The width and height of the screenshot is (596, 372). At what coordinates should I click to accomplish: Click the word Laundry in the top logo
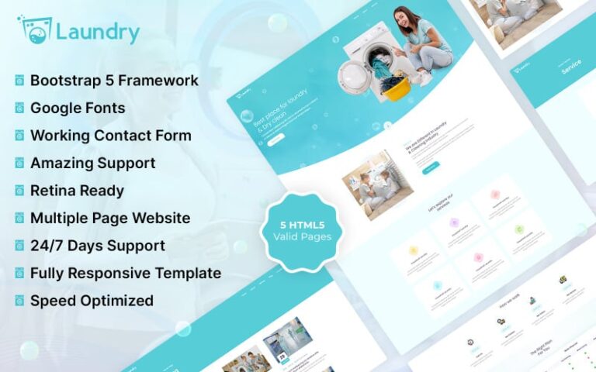click(x=98, y=33)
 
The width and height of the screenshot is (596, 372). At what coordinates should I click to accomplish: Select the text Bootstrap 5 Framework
click(x=114, y=81)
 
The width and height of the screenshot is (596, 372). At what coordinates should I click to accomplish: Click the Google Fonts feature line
click(x=78, y=108)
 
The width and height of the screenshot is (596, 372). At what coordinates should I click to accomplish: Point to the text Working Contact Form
click(x=110, y=136)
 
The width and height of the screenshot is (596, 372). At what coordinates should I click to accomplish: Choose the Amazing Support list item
click(x=92, y=163)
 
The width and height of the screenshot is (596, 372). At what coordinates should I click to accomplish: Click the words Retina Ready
click(x=77, y=191)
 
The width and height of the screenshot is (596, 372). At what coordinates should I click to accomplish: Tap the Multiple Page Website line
click(x=109, y=218)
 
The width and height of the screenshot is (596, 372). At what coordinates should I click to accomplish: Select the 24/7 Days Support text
click(x=97, y=246)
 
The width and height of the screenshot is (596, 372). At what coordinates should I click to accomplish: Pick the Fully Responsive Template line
click(x=125, y=273)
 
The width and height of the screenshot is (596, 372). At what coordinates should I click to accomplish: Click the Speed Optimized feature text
click(x=92, y=301)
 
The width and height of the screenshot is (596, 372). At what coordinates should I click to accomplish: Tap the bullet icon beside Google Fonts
click(x=19, y=108)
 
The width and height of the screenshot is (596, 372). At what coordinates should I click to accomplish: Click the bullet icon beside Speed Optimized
click(x=19, y=301)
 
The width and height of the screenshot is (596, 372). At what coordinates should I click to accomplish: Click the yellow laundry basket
click(x=397, y=88)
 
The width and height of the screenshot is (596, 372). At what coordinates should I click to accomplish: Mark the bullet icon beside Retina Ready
click(x=19, y=191)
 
